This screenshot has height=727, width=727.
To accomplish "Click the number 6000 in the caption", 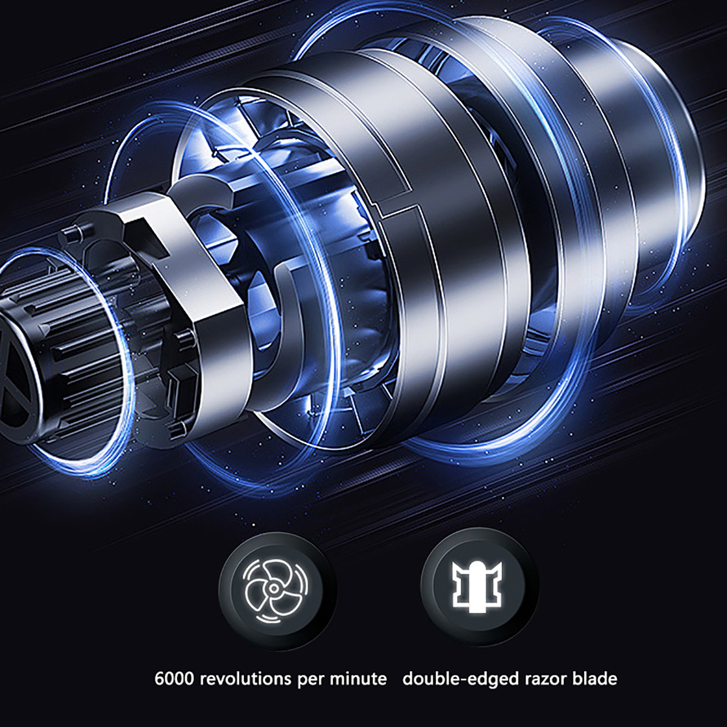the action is pyautogui.click(x=175, y=679).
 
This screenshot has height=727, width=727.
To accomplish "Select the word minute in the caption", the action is pyautogui.click(x=358, y=679).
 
